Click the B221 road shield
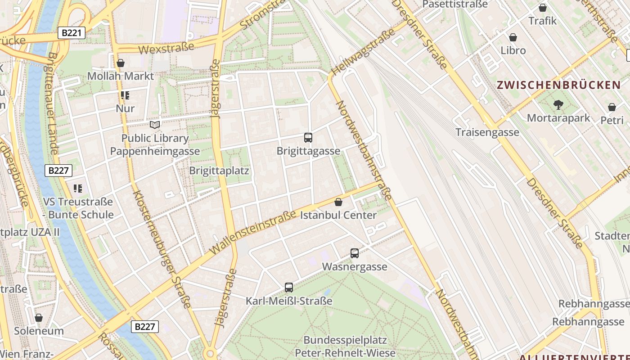pos(72,32)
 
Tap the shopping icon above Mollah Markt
pos(120,63)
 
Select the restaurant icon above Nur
pos(125,95)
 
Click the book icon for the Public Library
pos(155,125)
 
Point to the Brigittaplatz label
pos(219,171)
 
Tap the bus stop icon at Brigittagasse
pos(308,138)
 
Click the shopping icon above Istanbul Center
pos(338,202)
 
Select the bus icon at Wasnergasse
pos(355,253)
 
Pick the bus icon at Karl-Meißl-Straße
pos(289,287)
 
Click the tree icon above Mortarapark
pos(558,105)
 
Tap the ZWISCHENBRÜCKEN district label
pos(558,85)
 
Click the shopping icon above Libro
pos(513,37)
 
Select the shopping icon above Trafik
pos(543,8)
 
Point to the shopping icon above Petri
pos(612,107)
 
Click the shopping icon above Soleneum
pos(39,318)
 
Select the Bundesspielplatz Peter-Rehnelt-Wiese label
pos(345,346)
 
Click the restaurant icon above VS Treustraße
pos(78,188)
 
